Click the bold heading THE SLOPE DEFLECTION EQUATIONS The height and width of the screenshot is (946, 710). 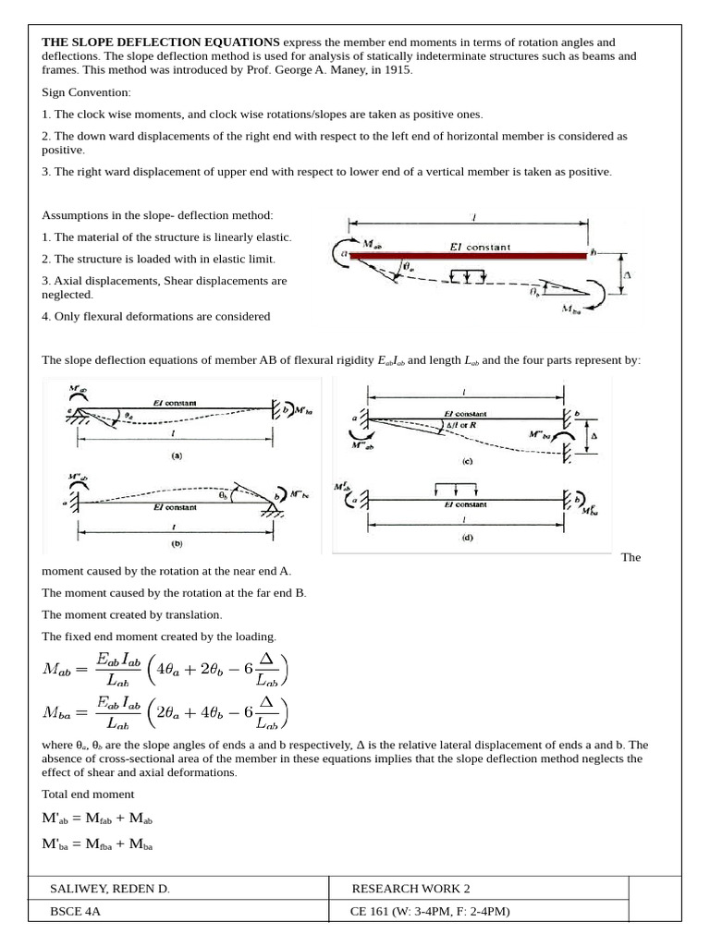coord(161,42)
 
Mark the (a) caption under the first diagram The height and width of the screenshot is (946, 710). coord(176,455)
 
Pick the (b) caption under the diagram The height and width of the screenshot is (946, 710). coord(175,544)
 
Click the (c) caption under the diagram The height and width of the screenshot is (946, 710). coord(467,459)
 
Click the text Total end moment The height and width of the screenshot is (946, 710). coord(88,794)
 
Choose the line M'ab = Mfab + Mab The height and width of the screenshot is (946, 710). coord(98,819)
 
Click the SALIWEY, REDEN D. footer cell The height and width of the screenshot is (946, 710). coord(110,889)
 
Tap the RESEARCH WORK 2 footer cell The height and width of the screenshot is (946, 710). coord(411,889)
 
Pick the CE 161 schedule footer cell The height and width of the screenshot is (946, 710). coord(431,912)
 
